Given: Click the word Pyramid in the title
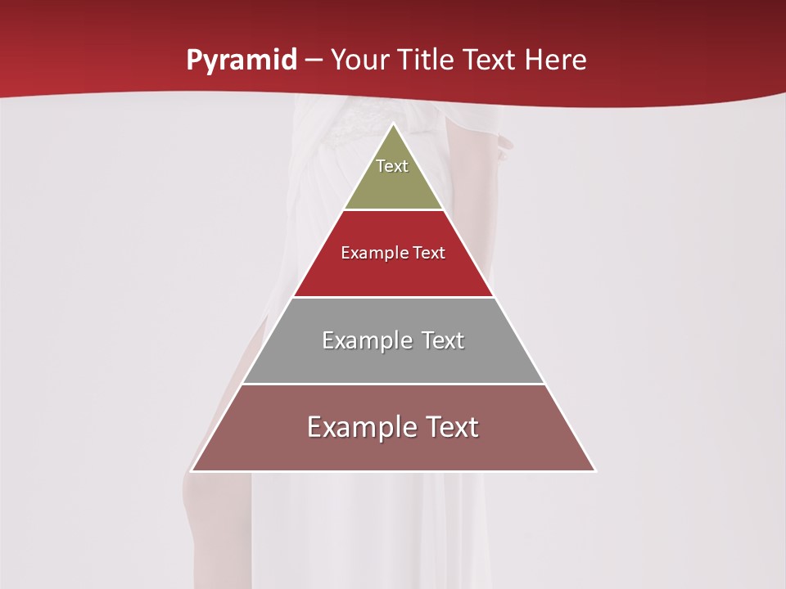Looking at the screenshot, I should point(241,61).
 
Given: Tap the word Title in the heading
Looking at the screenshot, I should point(428,61).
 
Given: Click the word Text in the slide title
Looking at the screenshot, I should point(489,61).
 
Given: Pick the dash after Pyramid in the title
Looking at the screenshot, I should point(314,61).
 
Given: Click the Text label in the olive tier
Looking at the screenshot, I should point(392,166).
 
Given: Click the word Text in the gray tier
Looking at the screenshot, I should point(442,340).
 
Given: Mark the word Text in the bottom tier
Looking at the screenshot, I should point(451,427).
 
